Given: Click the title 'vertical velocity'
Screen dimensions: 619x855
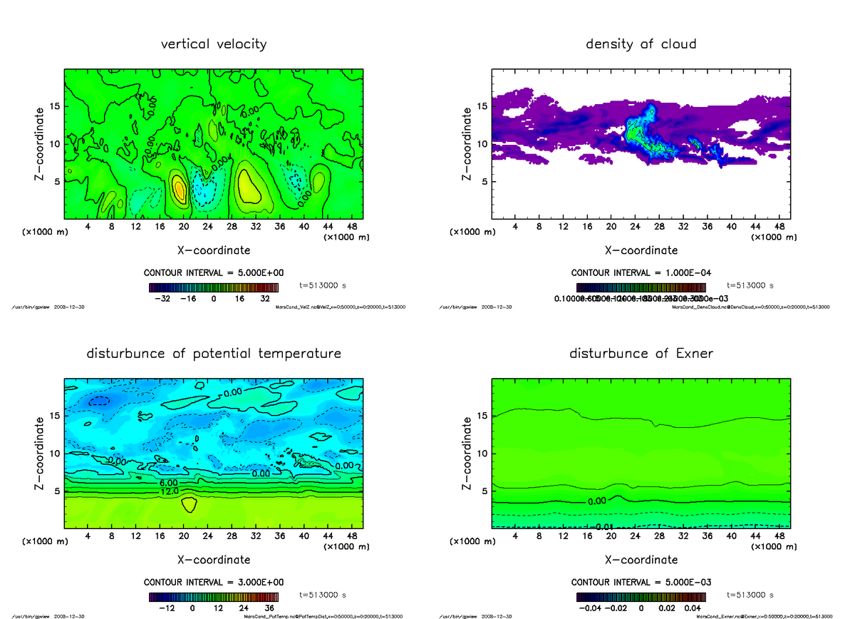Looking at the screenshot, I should click(214, 44).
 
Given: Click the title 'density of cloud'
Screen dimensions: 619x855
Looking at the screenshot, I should click(641, 44).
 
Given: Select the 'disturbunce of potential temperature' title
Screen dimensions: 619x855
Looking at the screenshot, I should click(214, 354).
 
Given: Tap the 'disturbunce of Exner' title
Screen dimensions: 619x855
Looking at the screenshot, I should click(641, 354).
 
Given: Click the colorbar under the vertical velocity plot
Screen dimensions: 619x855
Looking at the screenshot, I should click(213, 288).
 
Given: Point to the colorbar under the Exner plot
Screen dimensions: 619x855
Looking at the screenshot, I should click(641, 597).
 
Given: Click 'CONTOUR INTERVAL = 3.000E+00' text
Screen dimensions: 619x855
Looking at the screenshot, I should click(214, 582).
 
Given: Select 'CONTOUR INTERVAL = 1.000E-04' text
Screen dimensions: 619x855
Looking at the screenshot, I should click(641, 273).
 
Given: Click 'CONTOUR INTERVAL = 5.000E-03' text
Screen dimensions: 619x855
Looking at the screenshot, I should click(641, 582).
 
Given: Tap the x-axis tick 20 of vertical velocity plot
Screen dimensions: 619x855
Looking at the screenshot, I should click(184, 226).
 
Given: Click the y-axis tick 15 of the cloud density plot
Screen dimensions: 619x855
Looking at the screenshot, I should click(482, 106).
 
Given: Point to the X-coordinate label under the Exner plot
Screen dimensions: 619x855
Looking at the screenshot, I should click(641, 560).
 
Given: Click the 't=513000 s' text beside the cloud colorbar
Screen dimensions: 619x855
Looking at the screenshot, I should click(750, 285).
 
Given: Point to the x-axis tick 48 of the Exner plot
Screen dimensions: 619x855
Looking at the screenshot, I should click(780, 535).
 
